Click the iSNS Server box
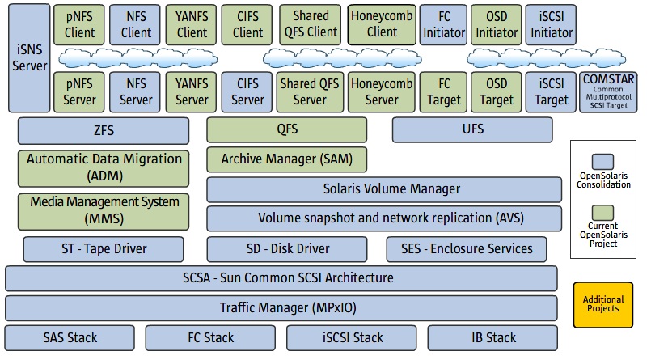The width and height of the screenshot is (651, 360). (x=29, y=69)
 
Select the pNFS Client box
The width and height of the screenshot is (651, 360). (x=79, y=24)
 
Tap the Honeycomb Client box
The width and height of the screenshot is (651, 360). (x=382, y=24)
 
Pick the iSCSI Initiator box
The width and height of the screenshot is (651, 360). (x=551, y=24)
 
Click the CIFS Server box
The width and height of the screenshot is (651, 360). (x=248, y=91)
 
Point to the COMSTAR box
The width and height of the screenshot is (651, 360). (x=608, y=91)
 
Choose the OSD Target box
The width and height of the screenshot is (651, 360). (x=497, y=91)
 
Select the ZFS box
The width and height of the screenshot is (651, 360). (x=103, y=130)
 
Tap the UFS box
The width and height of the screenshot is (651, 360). (x=472, y=130)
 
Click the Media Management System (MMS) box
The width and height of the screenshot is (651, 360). (x=104, y=210)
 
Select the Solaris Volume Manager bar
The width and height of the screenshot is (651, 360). (x=384, y=189)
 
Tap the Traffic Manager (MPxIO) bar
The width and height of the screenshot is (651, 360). (x=281, y=307)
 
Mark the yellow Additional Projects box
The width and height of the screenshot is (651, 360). (x=602, y=303)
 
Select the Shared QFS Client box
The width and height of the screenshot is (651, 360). (x=311, y=24)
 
